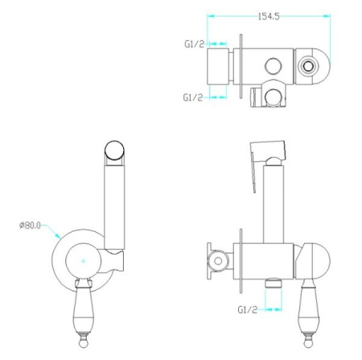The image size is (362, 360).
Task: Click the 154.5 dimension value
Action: click(x=269, y=17)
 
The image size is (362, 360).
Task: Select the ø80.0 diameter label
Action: click(x=30, y=225)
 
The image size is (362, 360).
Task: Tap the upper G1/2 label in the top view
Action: click(x=195, y=43)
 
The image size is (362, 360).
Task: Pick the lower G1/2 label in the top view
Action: click(x=193, y=97)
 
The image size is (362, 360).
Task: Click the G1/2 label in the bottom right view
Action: click(x=248, y=310)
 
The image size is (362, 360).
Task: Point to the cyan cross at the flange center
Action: click(x=84, y=261)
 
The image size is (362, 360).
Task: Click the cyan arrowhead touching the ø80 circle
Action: click(x=58, y=236)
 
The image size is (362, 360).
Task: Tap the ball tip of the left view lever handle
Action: click(x=84, y=343)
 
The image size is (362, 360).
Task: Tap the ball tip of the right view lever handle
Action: click(x=308, y=343)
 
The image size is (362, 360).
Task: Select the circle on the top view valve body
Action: click(x=274, y=66)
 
